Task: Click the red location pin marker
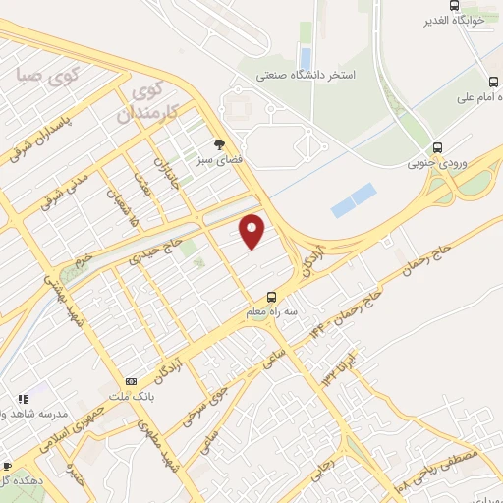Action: coord(253,231)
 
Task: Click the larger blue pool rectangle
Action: coord(354,199)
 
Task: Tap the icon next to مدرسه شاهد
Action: coord(22,400)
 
